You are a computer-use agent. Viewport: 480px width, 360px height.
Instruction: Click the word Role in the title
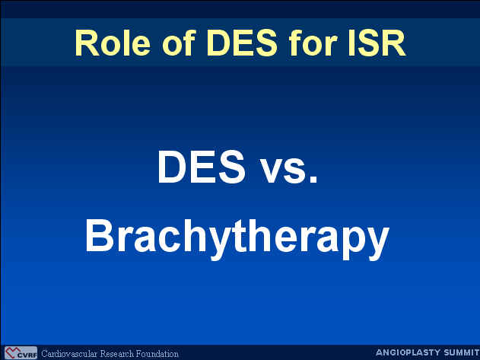click(113, 43)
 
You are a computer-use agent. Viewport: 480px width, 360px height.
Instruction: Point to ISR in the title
click(377, 43)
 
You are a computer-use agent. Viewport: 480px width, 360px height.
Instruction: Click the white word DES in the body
click(202, 167)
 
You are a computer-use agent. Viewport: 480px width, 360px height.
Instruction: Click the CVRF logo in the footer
click(21, 353)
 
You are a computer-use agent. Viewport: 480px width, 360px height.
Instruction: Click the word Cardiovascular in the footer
click(69, 354)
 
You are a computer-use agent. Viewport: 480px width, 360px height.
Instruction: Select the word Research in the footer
click(117, 354)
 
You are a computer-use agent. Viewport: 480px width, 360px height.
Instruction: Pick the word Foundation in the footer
click(157, 354)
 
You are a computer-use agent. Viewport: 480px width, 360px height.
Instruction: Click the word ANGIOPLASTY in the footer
click(408, 352)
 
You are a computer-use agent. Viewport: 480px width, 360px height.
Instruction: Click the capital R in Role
click(87, 43)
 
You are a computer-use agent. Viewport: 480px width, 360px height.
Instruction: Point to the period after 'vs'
click(313, 180)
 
